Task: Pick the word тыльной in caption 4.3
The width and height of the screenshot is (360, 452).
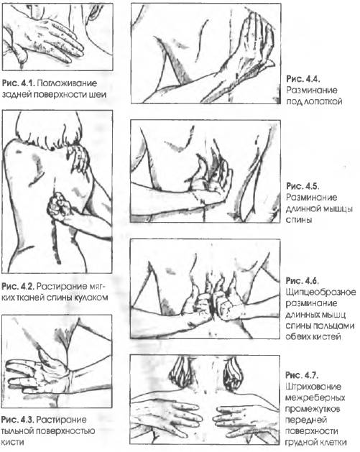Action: click(22, 431)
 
